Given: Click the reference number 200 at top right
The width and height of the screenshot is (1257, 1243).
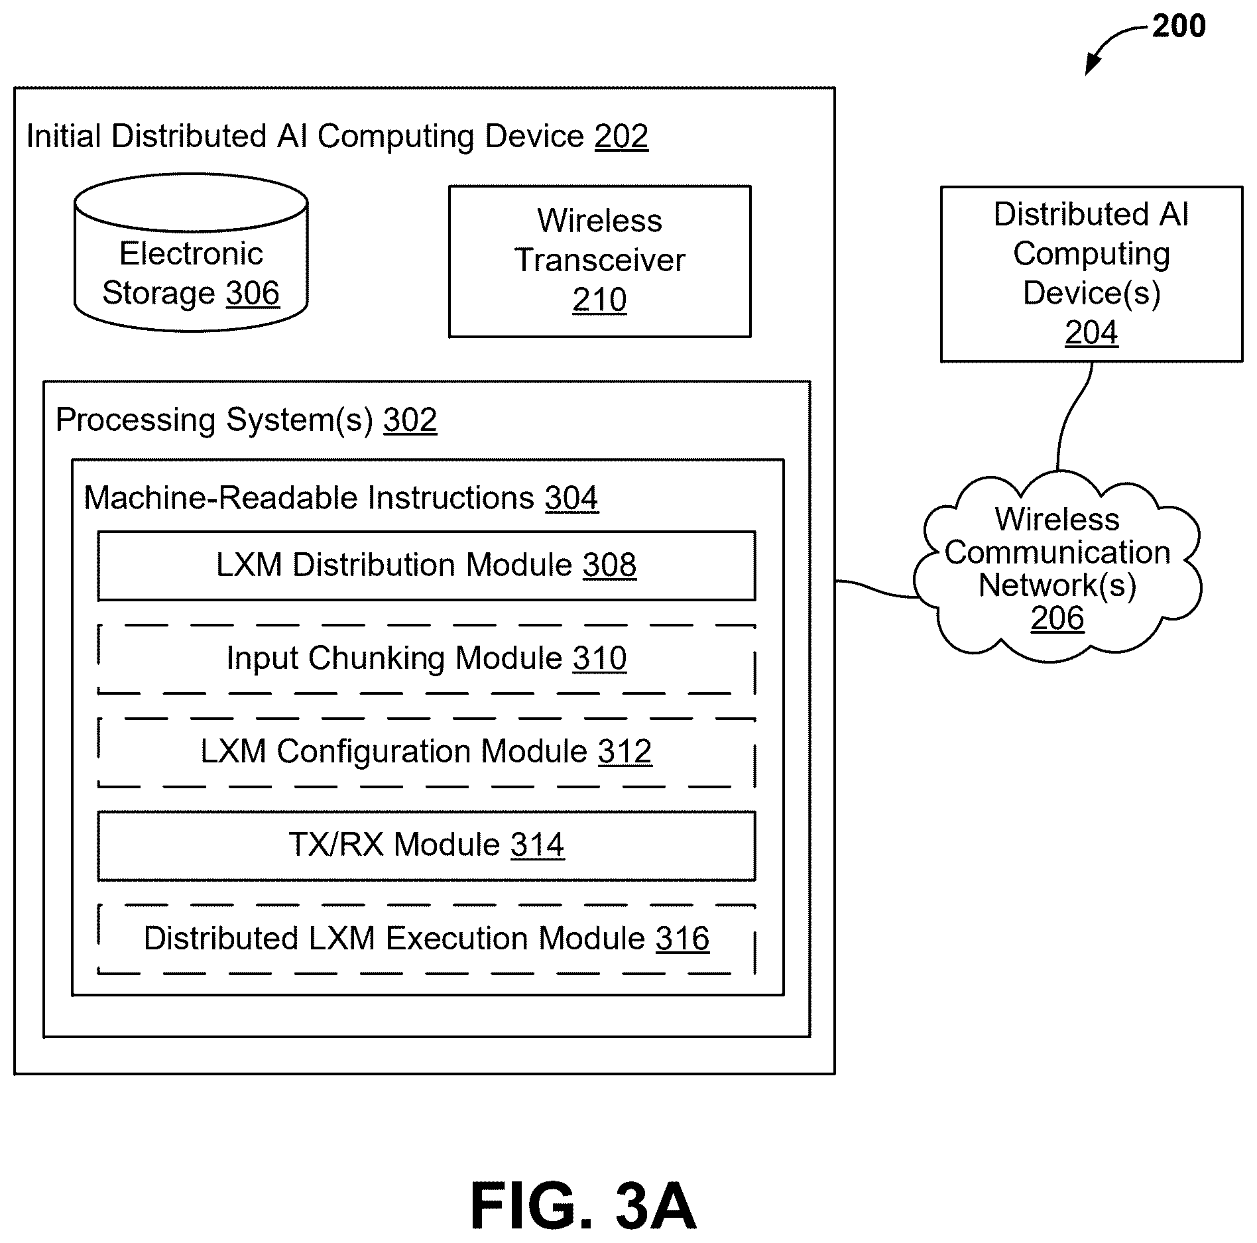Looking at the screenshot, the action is click(1178, 27).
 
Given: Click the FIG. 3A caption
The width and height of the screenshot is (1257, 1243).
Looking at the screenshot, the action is click(583, 1206).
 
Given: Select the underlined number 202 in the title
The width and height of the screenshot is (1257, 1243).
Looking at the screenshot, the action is click(621, 137).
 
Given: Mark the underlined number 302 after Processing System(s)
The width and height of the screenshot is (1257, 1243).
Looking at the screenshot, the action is click(410, 420).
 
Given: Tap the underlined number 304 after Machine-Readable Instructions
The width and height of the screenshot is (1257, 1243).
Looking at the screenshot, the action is click(571, 499).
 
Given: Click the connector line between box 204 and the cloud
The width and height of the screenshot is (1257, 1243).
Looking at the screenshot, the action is click(1071, 416).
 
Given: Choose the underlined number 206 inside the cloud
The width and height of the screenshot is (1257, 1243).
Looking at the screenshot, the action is click(1057, 619).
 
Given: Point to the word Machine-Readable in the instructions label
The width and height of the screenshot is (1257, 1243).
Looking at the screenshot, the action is click(223, 498).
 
